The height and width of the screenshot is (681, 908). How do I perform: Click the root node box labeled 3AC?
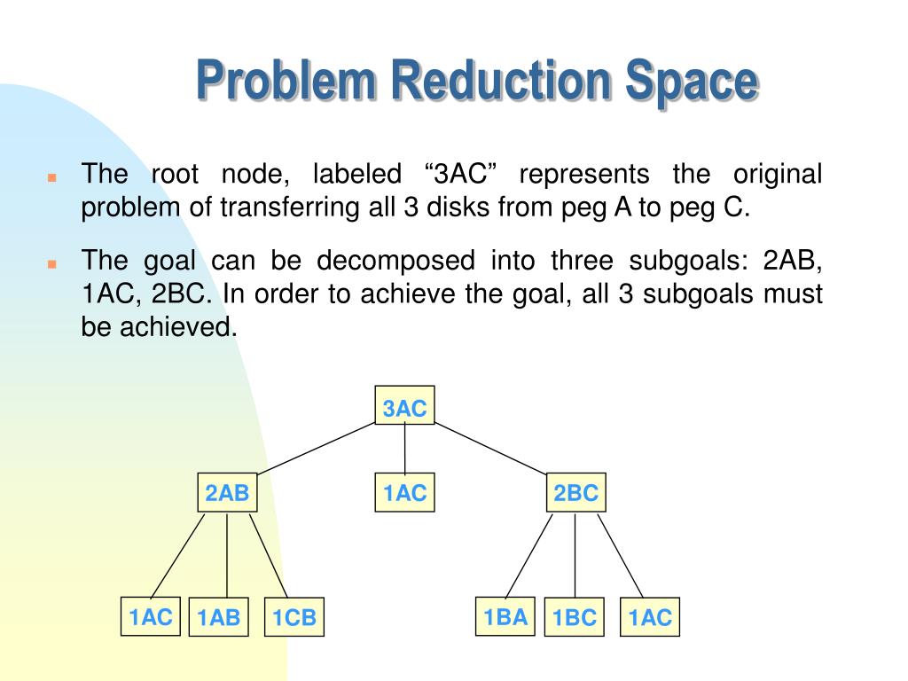404,408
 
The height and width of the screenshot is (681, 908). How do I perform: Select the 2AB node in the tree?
227,493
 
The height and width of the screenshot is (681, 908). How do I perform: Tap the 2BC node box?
576,493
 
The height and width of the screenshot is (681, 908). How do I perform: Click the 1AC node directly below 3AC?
404,493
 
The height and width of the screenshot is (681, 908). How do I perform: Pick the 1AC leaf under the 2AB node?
151,616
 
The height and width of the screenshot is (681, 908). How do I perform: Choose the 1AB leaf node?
219,617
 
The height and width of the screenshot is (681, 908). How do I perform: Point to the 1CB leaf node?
294,617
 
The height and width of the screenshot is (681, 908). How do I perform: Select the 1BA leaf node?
505,616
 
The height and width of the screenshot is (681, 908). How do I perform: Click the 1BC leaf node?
575,617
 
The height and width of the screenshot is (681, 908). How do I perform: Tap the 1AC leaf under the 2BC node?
650,617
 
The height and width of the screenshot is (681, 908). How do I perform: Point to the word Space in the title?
693,81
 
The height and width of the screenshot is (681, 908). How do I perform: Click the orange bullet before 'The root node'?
52,176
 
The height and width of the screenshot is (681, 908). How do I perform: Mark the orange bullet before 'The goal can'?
52,263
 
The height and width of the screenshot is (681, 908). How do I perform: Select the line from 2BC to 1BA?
528,555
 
